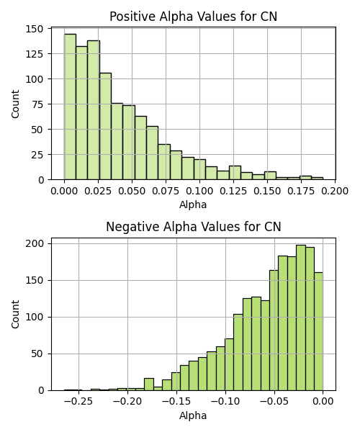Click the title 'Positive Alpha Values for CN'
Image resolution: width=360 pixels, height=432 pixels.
(x=194, y=17)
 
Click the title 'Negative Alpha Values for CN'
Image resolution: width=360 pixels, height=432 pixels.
(x=194, y=227)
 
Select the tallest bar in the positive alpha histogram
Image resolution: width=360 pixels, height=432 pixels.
(x=71, y=107)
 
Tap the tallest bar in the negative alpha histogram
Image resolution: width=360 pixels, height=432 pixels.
(x=301, y=318)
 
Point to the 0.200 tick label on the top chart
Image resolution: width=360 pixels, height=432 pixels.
(x=335, y=191)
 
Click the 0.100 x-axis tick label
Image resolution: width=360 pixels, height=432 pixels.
(x=199, y=191)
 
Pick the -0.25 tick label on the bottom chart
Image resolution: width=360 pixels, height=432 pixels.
(x=78, y=402)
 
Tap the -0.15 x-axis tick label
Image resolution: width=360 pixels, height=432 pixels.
(x=176, y=402)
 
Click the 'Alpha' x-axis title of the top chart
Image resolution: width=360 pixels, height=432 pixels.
(x=193, y=204)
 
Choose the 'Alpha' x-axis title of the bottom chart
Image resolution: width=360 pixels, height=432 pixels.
(x=193, y=415)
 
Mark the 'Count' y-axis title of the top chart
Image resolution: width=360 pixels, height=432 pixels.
(x=15, y=104)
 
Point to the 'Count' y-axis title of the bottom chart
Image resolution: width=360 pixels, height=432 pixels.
(x=15, y=315)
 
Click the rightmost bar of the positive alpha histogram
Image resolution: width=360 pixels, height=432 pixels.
(x=317, y=179)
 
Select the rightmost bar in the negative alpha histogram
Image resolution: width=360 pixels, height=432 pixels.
(x=318, y=331)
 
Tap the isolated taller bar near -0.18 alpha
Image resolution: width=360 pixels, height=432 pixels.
(x=149, y=384)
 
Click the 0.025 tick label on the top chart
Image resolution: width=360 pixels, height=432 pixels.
(x=98, y=191)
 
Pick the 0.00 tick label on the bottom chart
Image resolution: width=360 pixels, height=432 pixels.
(x=323, y=402)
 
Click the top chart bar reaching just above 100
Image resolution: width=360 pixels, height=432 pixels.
(x=106, y=126)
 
